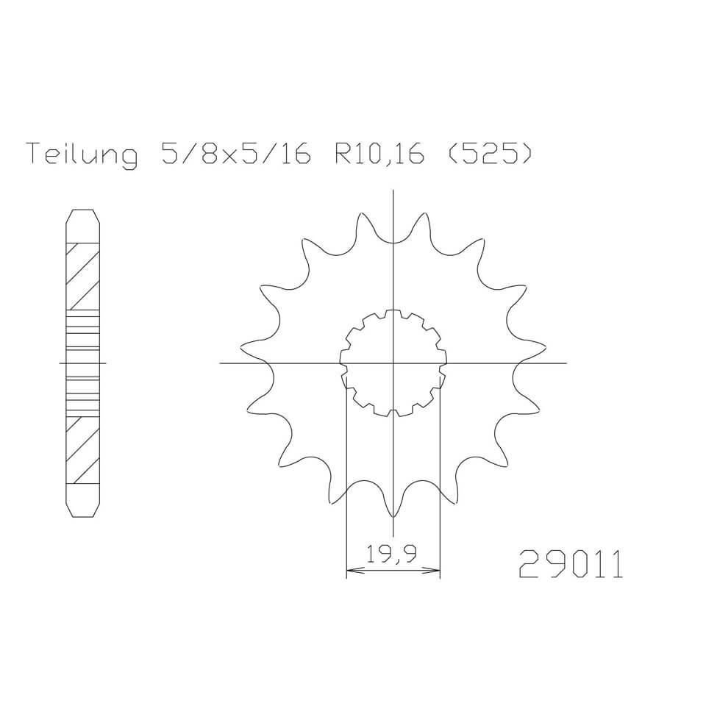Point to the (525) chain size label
tap(488, 156)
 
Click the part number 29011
tap(571, 566)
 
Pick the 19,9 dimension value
tap(392, 554)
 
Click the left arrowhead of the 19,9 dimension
tap(351, 569)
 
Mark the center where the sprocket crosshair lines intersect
tap(394, 363)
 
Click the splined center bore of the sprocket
tap(394, 363)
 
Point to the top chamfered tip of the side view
tap(83, 215)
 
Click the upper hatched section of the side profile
tap(83, 276)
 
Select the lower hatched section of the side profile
tap(83, 450)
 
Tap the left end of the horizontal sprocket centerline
tap(221, 363)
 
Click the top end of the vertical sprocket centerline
tap(394, 190)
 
